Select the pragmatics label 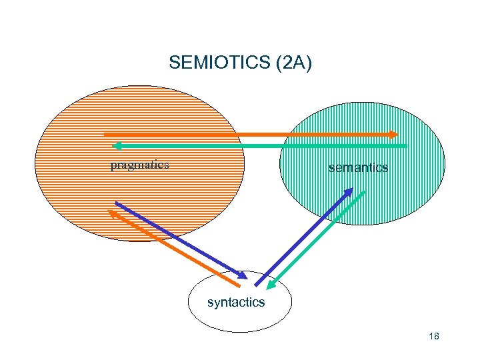[x=139, y=165]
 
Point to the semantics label [x=358, y=168]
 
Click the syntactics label [x=236, y=303]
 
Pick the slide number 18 [x=434, y=337]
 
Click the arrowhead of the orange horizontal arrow [x=393, y=134]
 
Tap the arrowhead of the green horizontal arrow [x=116, y=145]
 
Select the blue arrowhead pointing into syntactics [x=241, y=273]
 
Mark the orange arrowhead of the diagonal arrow [x=112, y=213]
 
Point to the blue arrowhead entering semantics [x=349, y=191]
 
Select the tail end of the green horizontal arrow [x=405, y=145]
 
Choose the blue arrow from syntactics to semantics [x=303, y=237]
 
